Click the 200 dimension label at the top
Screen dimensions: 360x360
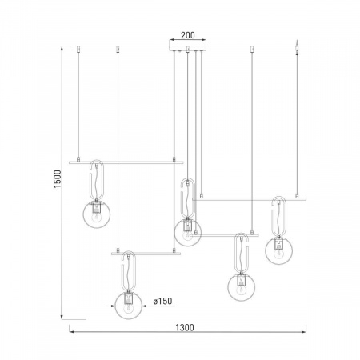(188, 35)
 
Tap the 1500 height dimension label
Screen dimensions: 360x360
(58, 179)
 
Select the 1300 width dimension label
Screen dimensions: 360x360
(185, 327)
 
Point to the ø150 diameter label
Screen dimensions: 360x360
(162, 302)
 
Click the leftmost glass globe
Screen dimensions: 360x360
(97, 214)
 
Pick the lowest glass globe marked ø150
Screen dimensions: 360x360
(129, 306)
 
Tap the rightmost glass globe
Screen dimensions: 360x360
(278, 250)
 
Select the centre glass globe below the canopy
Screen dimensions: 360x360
(188, 232)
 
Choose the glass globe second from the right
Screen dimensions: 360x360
(242, 287)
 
